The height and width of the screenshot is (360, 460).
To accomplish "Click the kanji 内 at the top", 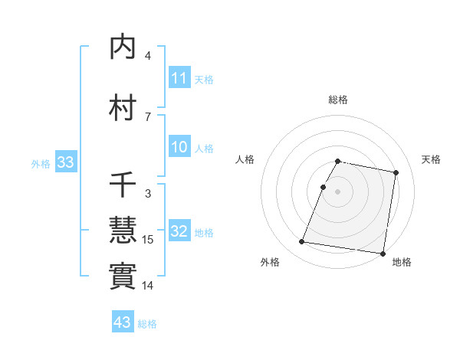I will coord(123,47).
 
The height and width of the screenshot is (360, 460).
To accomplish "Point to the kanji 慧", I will coord(123,230).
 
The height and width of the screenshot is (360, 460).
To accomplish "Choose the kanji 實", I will coord(123,275).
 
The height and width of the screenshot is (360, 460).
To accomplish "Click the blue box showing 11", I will coord(179,78).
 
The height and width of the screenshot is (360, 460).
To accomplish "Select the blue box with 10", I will coord(179,147).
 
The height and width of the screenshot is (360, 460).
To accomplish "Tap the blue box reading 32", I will coord(179,231).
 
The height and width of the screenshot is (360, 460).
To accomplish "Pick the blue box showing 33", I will coord(65,162).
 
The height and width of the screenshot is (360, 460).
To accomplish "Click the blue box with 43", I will coord(123,322).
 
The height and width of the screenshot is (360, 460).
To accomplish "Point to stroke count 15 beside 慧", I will coord(149,240).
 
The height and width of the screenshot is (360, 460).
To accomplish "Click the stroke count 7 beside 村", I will coord(148,116).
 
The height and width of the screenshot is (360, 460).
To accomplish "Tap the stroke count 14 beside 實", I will coord(149,285).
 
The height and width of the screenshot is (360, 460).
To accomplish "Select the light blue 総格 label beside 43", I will coord(147,324).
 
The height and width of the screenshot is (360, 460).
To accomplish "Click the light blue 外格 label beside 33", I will coord(41,164).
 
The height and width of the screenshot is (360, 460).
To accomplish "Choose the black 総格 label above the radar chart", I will coord(338,100).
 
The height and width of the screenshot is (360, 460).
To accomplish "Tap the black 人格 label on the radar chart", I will coord(245,159).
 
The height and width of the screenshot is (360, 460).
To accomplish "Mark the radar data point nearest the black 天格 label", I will coord(396,174).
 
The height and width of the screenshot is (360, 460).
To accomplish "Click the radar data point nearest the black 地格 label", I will coord(382,253).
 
